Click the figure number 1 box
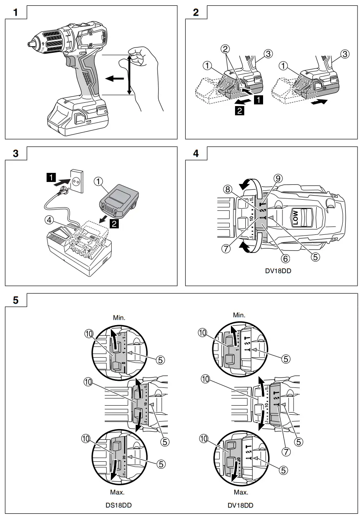click(x=16, y=12)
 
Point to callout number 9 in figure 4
click(x=278, y=178)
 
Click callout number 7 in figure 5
click(x=286, y=451)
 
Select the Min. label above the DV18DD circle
click(x=240, y=315)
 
